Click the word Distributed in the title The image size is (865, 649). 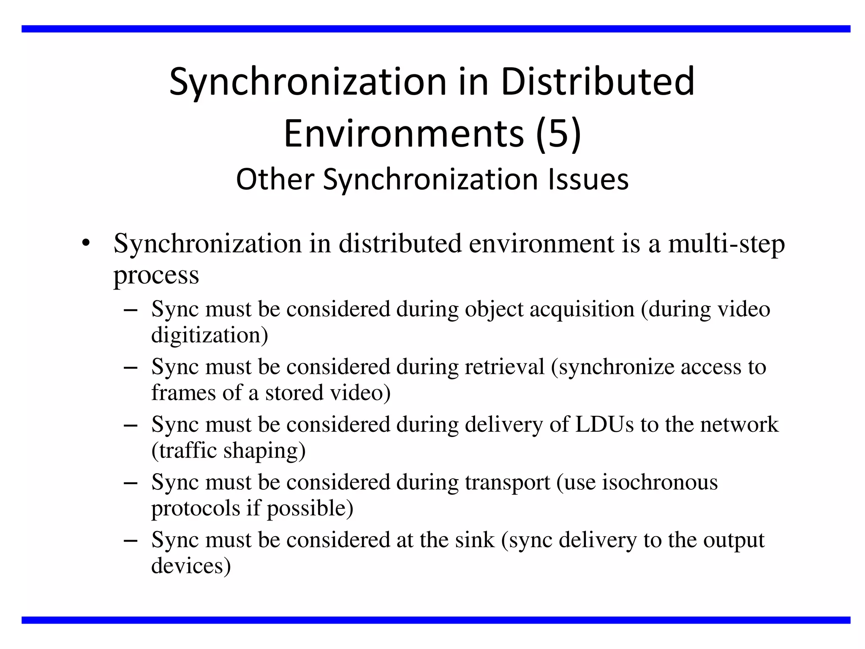[x=597, y=82]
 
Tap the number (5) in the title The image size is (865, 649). [x=558, y=134]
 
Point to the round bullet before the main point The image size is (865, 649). [x=87, y=243]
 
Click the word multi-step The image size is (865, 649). [x=726, y=244]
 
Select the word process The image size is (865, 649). [x=156, y=275]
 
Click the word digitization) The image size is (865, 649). [x=209, y=335]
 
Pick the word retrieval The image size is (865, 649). [x=504, y=367]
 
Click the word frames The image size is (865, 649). [x=184, y=393]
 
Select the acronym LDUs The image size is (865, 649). [x=604, y=424]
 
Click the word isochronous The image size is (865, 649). [x=659, y=482]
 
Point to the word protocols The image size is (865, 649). [x=196, y=508]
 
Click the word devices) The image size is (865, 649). [x=191, y=566]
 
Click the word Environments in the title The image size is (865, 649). [x=404, y=134]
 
